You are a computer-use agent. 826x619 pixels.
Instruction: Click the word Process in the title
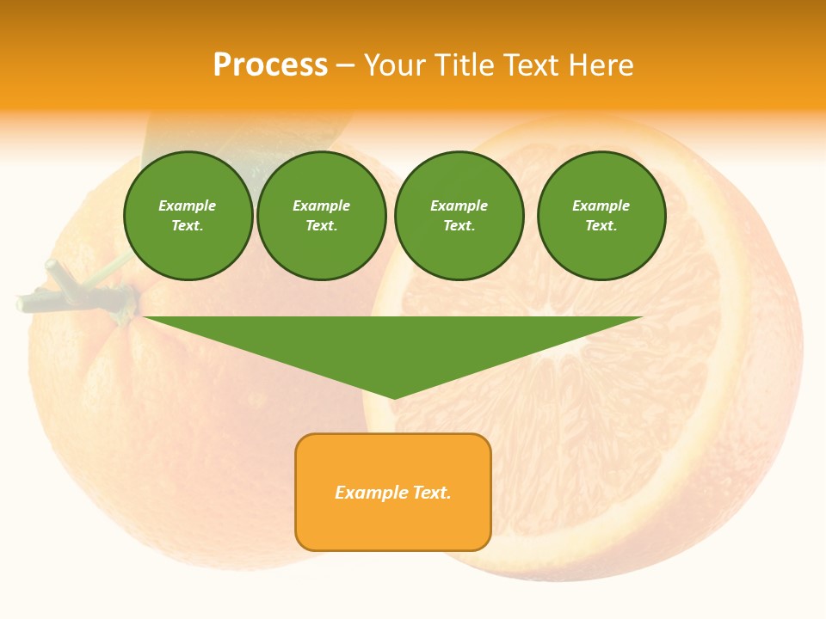[270, 65]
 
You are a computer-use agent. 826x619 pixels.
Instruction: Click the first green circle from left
[188, 216]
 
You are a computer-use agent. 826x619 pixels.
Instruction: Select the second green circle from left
[321, 216]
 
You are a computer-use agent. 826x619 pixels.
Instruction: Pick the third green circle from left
[459, 216]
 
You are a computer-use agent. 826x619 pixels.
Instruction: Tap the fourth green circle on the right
[601, 216]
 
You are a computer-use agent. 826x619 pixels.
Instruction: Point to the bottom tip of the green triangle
[393, 397]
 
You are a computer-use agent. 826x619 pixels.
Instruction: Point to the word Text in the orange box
[432, 493]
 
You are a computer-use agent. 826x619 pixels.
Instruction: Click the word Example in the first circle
[187, 205]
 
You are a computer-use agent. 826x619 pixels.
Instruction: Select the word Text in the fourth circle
[601, 226]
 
